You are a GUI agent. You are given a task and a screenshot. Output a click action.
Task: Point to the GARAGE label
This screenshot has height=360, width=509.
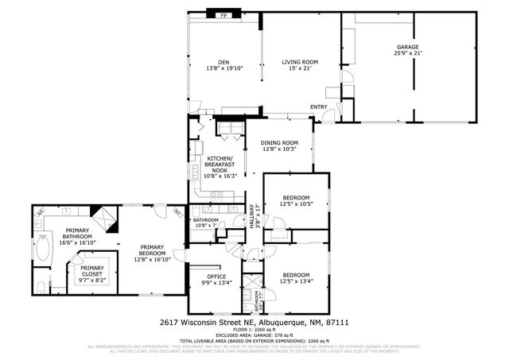(x=408, y=47)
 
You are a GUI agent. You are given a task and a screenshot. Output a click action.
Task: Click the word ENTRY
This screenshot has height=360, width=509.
(x=319, y=107)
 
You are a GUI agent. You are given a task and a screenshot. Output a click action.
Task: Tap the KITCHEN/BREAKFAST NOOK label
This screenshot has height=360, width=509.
(x=219, y=164)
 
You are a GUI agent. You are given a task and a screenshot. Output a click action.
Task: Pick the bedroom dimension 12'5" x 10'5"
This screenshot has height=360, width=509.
(x=295, y=204)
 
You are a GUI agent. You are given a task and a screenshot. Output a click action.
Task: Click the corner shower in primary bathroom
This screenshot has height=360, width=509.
(x=103, y=215)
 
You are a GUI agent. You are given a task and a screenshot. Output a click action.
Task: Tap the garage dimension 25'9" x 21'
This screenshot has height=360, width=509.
(x=408, y=53)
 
